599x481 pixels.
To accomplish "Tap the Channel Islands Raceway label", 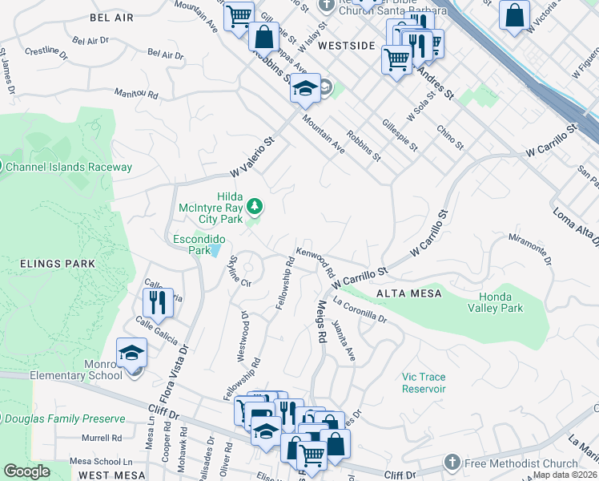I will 68,168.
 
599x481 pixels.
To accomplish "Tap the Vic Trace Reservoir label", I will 424,382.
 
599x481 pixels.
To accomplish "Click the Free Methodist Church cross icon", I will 452,463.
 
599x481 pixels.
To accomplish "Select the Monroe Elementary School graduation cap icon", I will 132,352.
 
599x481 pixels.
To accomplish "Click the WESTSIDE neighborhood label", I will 346,46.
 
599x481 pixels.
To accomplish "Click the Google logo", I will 27,471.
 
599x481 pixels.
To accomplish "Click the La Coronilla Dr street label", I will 360,310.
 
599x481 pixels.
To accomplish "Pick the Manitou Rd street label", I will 136,94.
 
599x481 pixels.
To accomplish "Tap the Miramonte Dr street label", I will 530,249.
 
